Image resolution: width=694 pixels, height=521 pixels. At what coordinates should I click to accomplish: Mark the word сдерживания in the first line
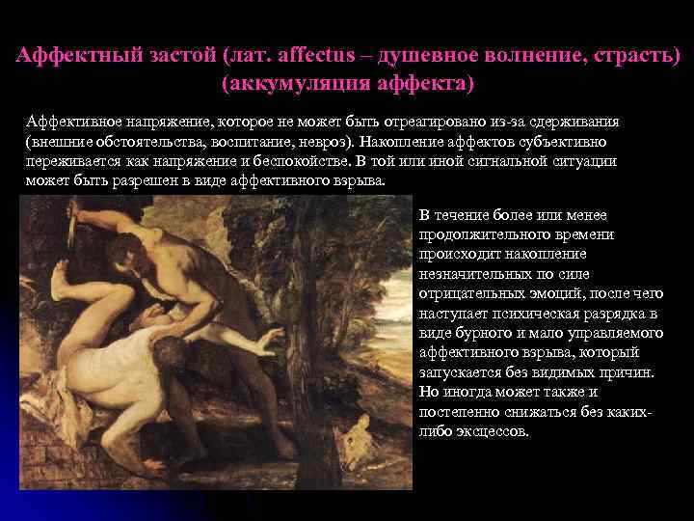pyautogui.click(x=576, y=125)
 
